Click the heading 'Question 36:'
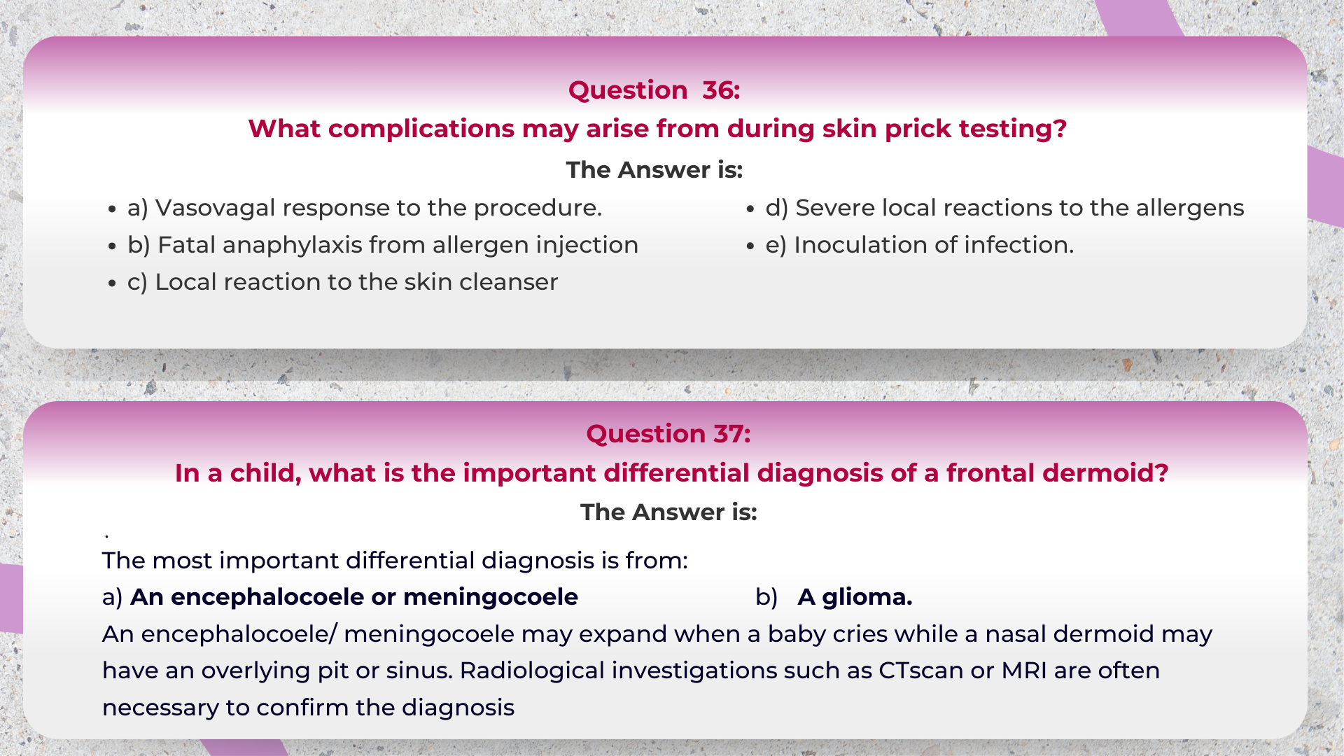point(654,90)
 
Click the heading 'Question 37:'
point(668,434)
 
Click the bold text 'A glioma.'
point(855,597)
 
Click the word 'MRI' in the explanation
point(1024,671)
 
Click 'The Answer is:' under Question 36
point(654,170)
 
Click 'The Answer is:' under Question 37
point(668,512)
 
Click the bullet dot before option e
point(750,246)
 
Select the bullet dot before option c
point(112,283)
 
